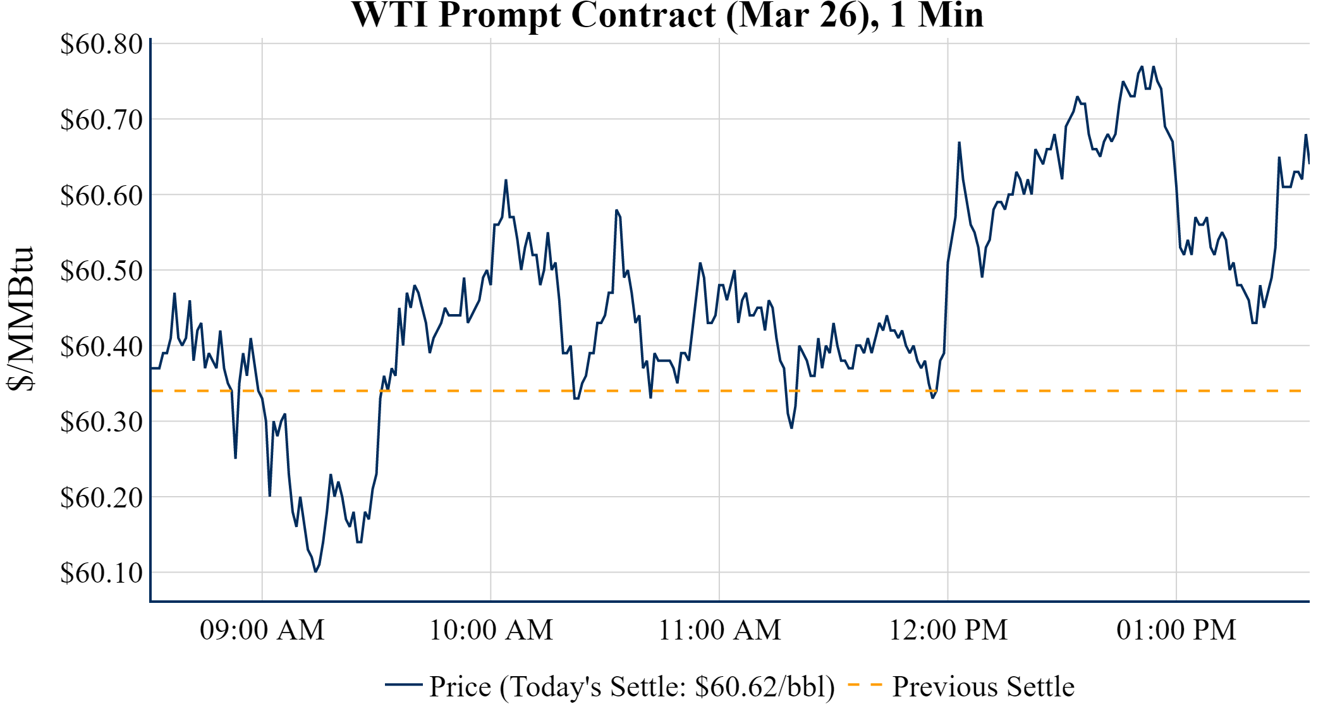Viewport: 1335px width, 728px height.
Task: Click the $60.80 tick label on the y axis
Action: [101, 44]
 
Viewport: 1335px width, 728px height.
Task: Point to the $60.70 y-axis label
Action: [101, 119]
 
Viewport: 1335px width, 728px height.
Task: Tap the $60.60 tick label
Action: [101, 195]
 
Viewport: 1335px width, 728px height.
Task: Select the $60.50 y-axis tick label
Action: [101, 270]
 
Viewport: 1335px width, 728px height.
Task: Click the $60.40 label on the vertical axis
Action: [101, 346]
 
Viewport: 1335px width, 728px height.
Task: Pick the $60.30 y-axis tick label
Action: [101, 422]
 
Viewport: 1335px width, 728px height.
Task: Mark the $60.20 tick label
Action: [101, 497]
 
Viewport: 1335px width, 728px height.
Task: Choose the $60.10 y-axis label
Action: [101, 573]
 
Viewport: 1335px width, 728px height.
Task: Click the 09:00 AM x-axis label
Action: [262, 630]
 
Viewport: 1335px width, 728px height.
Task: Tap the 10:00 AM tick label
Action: [491, 630]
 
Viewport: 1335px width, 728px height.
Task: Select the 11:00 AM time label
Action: [720, 630]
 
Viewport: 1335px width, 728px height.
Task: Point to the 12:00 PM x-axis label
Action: [948, 630]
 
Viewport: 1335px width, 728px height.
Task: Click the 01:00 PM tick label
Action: [1176, 630]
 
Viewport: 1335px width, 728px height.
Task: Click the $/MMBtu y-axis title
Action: [20, 319]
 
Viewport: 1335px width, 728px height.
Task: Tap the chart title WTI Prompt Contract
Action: [667, 15]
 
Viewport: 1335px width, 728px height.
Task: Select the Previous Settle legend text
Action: [983, 686]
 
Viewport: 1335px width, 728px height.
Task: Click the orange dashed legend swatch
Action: [864, 684]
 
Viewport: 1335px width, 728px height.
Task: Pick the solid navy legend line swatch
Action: [403, 684]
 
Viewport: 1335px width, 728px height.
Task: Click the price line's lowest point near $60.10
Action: [315, 571]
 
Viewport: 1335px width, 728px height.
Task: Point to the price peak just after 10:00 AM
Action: [506, 181]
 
